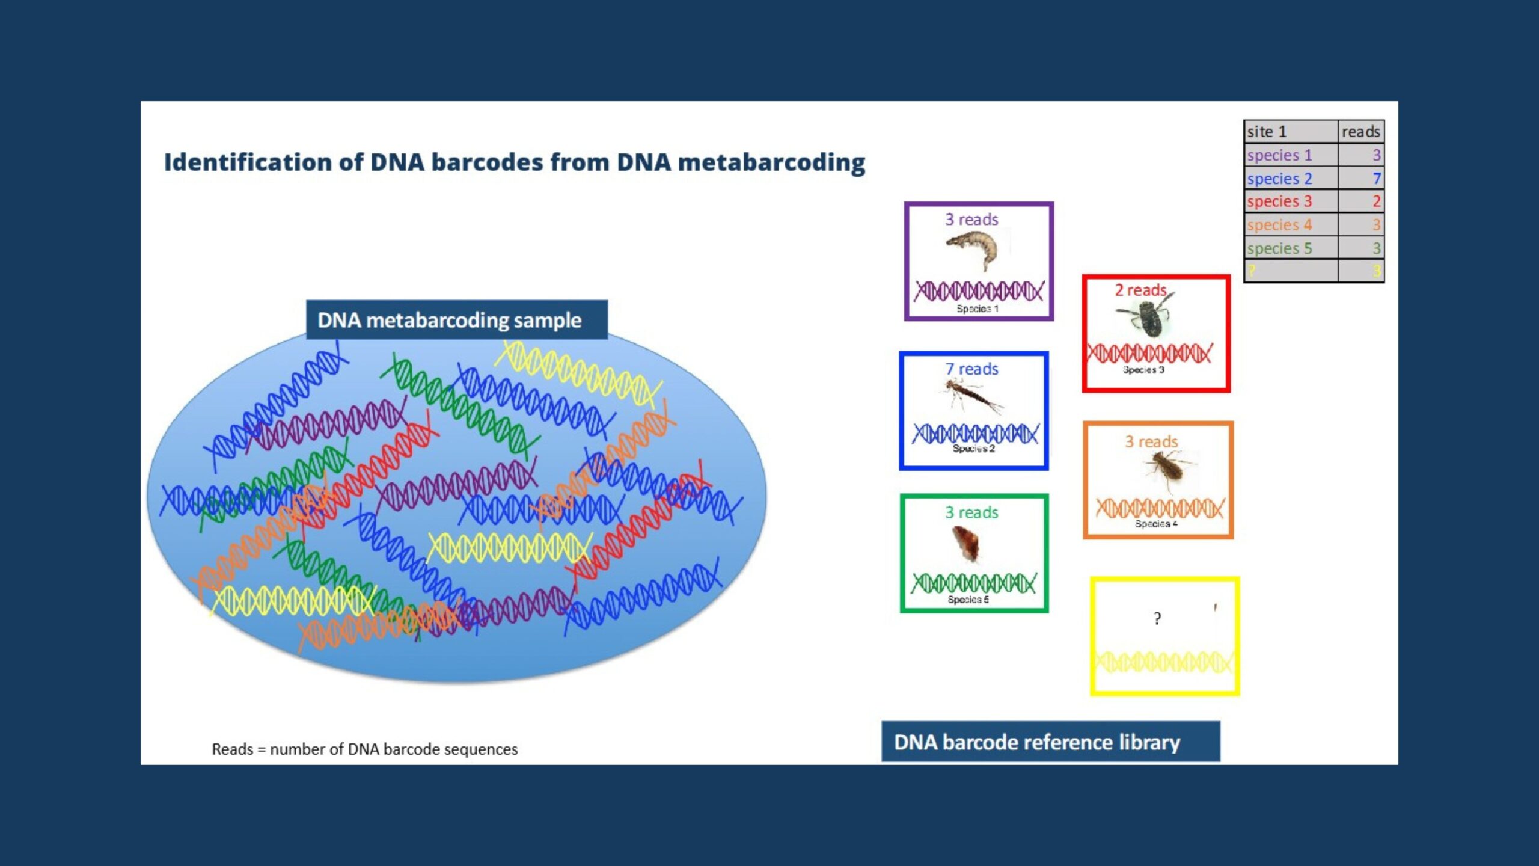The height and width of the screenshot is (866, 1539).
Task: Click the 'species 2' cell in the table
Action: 1279,179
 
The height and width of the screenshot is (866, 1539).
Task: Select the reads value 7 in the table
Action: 1376,179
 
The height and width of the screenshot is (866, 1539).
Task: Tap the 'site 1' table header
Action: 1266,131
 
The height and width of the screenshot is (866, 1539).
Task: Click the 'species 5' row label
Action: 1279,248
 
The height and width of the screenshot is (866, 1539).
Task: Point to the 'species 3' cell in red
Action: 1279,201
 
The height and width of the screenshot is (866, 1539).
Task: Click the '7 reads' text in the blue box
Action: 971,369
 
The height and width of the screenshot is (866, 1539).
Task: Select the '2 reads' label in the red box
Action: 1140,290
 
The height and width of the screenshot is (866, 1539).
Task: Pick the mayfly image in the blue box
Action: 971,397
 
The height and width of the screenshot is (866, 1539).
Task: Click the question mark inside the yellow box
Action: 1157,618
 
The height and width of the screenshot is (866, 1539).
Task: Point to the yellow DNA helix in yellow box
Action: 1164,663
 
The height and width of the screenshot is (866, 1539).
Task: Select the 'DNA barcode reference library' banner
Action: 1050,742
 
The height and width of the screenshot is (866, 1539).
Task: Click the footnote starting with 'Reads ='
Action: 364,749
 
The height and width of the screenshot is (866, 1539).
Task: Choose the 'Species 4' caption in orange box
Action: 1156,524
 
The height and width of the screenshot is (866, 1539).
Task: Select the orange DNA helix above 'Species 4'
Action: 1158,508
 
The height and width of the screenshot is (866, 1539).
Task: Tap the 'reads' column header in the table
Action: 1360,131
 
